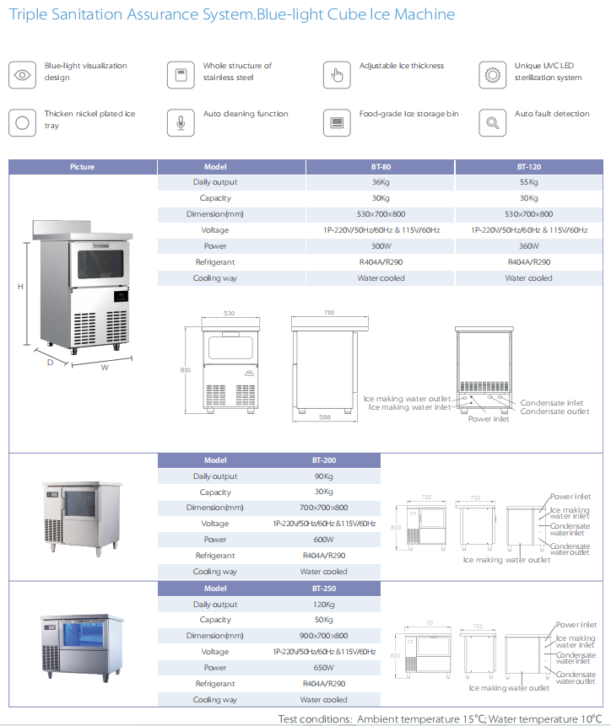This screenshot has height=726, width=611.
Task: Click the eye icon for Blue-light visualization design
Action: (22, 74)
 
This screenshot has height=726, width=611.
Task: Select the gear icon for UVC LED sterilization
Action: (491, 74)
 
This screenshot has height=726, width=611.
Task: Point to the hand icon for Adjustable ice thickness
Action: (336, 74)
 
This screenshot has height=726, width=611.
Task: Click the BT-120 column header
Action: (529, 167)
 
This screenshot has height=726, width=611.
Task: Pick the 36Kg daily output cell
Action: (381, 182)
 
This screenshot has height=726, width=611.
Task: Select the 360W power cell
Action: (529, 246)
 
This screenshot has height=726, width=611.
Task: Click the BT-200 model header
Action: (323, 460)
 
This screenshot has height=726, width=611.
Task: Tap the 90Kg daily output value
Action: (323, 476)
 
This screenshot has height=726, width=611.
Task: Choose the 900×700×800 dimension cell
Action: (323, 636)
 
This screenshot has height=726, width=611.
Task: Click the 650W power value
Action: (323, 668)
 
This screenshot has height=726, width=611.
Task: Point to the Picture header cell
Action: (83, 167)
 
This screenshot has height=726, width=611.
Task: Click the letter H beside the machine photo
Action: (20, 287)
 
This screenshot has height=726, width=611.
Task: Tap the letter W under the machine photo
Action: (105, 367)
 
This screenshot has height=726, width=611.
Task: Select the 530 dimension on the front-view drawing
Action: (228, 314)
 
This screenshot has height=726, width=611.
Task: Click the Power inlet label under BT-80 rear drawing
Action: (489, 419)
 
